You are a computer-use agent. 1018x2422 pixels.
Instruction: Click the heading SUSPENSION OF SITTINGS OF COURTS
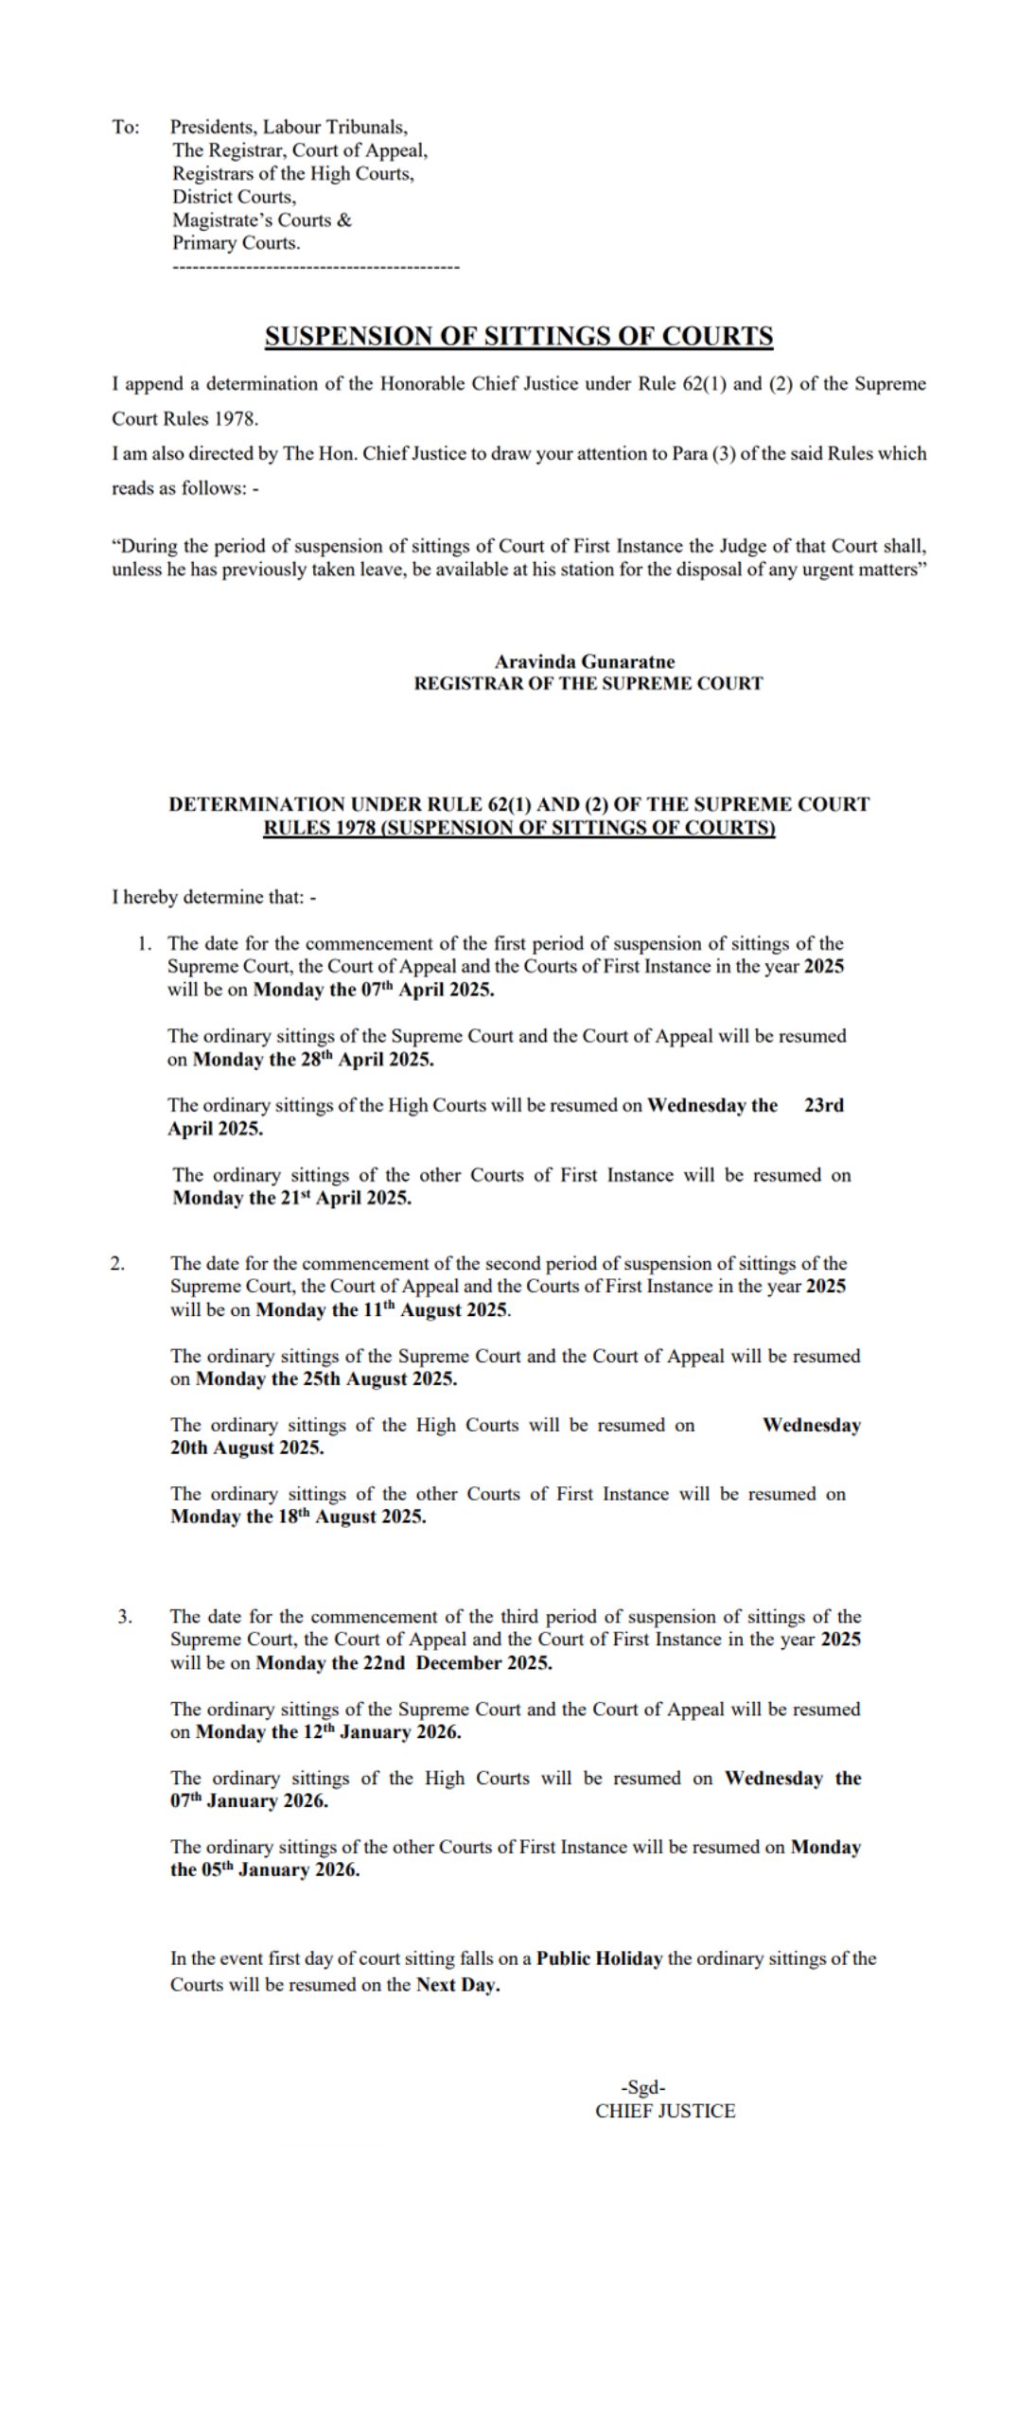click(518, 336)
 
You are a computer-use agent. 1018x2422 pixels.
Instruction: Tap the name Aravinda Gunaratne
click(584, 661)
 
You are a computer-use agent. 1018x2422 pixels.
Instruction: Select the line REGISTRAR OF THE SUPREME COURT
click(588, 683)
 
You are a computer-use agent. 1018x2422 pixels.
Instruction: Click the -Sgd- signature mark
click(642, 2087)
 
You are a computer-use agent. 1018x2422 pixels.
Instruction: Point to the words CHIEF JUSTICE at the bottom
click(664, 2111)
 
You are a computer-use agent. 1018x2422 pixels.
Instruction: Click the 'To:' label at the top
click(125, 127)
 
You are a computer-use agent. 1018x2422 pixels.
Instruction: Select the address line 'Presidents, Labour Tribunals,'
click(289, 127)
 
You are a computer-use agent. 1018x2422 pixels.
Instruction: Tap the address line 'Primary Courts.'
click(236, 242)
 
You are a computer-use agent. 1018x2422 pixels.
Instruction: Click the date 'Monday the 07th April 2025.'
click(373, 990)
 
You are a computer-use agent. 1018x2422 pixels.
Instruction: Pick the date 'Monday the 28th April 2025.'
click(313, 1060)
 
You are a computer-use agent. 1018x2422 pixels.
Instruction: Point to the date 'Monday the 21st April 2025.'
click(291, 1198)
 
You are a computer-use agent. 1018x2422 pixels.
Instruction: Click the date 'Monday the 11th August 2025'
click(382, 1309)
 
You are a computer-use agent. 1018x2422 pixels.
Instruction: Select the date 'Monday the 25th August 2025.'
click(325, 1378)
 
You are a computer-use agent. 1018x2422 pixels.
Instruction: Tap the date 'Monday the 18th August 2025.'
click(298, 1517)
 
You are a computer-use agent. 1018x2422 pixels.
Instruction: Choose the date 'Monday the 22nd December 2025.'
click(404, 1662)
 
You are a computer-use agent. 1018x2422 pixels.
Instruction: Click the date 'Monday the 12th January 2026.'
click(327, 1731)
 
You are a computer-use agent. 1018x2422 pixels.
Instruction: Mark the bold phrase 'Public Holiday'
click(599, 1958)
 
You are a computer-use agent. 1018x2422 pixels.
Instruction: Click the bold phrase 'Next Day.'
click(458, 1985)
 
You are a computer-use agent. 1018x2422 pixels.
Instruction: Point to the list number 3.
click(124, 1616)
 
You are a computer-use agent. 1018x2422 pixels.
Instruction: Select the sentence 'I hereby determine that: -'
click(214, 897)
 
